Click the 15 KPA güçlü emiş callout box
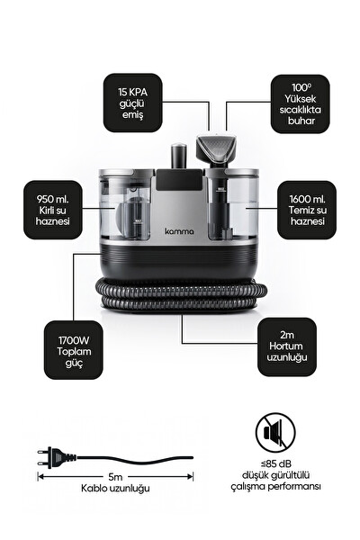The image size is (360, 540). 132,103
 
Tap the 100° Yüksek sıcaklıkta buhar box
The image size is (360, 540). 300,104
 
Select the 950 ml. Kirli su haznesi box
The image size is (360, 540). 53,210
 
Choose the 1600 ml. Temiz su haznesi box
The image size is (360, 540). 307,210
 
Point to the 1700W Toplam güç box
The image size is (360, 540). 74,350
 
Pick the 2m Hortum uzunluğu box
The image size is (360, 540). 287,346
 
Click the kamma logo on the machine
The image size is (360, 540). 179,231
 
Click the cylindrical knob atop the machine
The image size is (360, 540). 179,156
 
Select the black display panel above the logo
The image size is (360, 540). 179,179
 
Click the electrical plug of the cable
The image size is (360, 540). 57,458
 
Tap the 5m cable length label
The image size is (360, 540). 115,477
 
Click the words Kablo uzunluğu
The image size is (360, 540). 115,489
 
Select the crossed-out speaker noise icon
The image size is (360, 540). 275,433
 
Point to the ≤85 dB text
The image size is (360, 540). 275,463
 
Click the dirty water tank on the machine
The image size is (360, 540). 125,206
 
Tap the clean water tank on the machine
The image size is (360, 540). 232,206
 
